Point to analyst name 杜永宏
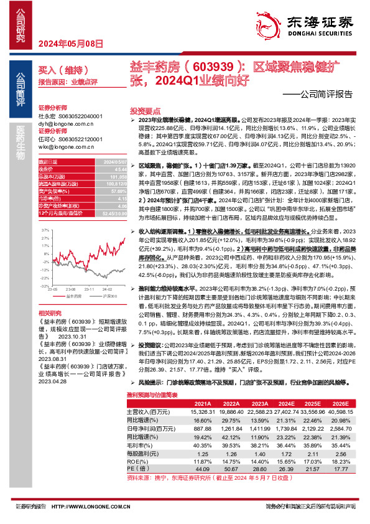[x=47, y=116]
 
